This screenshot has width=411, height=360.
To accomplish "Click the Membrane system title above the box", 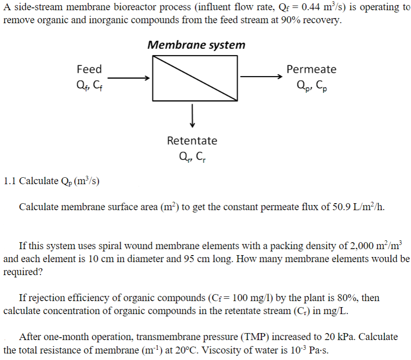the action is (x=196, y=45).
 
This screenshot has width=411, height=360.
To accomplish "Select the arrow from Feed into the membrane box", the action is (x=128, y=78).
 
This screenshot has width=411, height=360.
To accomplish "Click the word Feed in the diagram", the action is (x=89, y=69).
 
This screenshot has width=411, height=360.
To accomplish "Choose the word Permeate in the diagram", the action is (x=311, y=69).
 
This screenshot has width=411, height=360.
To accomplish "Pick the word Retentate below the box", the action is (x=192, y=140).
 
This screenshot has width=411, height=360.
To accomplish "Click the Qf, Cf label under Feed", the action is (x=89, y=85).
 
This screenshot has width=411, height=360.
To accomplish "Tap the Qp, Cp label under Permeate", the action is (x=311, y=85).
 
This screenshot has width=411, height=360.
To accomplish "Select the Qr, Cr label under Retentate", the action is (x=192, y=156).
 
